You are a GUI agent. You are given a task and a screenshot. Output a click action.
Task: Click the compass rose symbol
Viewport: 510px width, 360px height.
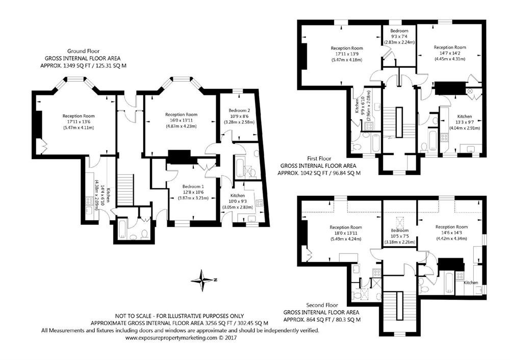click(203, 280)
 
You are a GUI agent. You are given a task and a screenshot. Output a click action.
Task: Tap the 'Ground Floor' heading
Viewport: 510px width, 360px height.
click(83, 51)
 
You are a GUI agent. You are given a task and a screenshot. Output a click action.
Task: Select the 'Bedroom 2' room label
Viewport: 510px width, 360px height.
click(239, 110)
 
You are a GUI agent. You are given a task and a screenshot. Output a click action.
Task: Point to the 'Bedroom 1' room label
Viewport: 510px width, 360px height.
click(193, 186)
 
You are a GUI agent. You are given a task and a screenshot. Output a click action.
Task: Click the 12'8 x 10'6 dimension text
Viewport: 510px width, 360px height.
click(193, 192)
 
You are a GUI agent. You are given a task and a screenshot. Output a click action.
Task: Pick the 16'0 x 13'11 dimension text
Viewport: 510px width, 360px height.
click(181, 120)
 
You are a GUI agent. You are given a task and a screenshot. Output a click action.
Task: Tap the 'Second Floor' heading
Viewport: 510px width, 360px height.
click(322, 305)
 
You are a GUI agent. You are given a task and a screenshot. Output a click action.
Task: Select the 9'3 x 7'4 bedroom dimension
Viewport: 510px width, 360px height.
click(400, 36)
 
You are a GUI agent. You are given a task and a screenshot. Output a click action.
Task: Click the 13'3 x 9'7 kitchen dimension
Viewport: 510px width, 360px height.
click(465, 122)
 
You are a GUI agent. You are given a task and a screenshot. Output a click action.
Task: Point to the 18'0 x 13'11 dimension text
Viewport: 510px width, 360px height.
click(346, 233)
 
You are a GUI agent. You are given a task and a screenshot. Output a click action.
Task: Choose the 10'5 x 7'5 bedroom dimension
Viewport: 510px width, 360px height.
click(400, 236)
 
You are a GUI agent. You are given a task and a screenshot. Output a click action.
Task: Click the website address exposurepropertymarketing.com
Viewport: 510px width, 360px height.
click(171, 338)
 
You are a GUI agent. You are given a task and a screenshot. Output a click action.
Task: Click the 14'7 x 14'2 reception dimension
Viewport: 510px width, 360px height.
click(450, 54)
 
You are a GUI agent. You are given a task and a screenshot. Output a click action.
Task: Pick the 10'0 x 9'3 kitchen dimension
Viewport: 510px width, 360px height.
click(238, 201)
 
